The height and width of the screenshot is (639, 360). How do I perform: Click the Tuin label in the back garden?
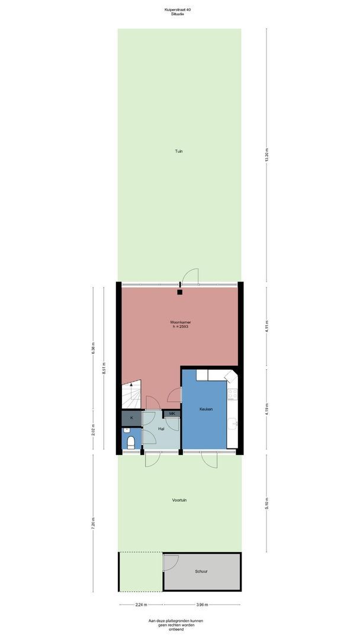179,151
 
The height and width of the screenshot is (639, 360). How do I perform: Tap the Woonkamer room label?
181,322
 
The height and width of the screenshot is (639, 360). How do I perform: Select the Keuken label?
206,409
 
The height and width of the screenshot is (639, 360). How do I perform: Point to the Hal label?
161,429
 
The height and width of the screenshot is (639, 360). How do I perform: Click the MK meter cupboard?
172,414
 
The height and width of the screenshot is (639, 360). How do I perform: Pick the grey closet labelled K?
131,418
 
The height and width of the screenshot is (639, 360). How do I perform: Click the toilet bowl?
131,442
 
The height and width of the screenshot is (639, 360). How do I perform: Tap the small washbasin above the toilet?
126,430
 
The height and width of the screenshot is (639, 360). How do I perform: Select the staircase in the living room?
131,394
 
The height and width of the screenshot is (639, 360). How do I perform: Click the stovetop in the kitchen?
232,394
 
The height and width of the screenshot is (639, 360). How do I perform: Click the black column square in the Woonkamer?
180,292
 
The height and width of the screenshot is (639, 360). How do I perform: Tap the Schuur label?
201,572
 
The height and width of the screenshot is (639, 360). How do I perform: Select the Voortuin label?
179,500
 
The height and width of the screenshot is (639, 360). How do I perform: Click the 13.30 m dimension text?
266,155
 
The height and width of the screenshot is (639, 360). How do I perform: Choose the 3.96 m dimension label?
201,605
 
